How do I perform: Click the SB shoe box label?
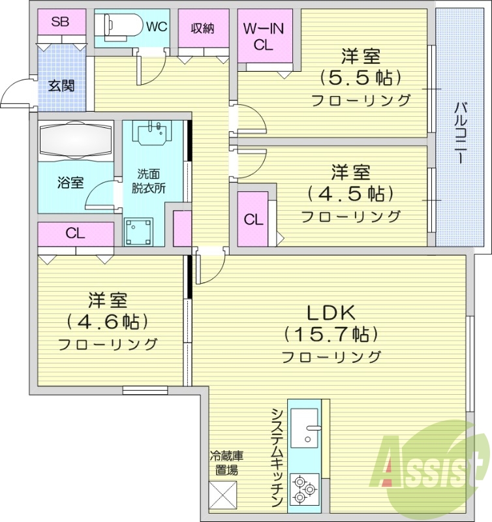[x=61, y=22]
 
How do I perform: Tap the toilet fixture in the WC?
[x=117, y=26]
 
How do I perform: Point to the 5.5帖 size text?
[x=360, y=78]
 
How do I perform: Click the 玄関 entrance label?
[x=62, y=85]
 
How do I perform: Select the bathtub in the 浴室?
[x=75, y=140]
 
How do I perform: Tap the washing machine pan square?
[x=138, y=232]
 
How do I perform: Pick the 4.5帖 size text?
[x=350, y=194]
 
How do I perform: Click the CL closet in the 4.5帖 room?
[x=253, y=219]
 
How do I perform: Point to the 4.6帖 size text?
[x=108, y=321]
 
